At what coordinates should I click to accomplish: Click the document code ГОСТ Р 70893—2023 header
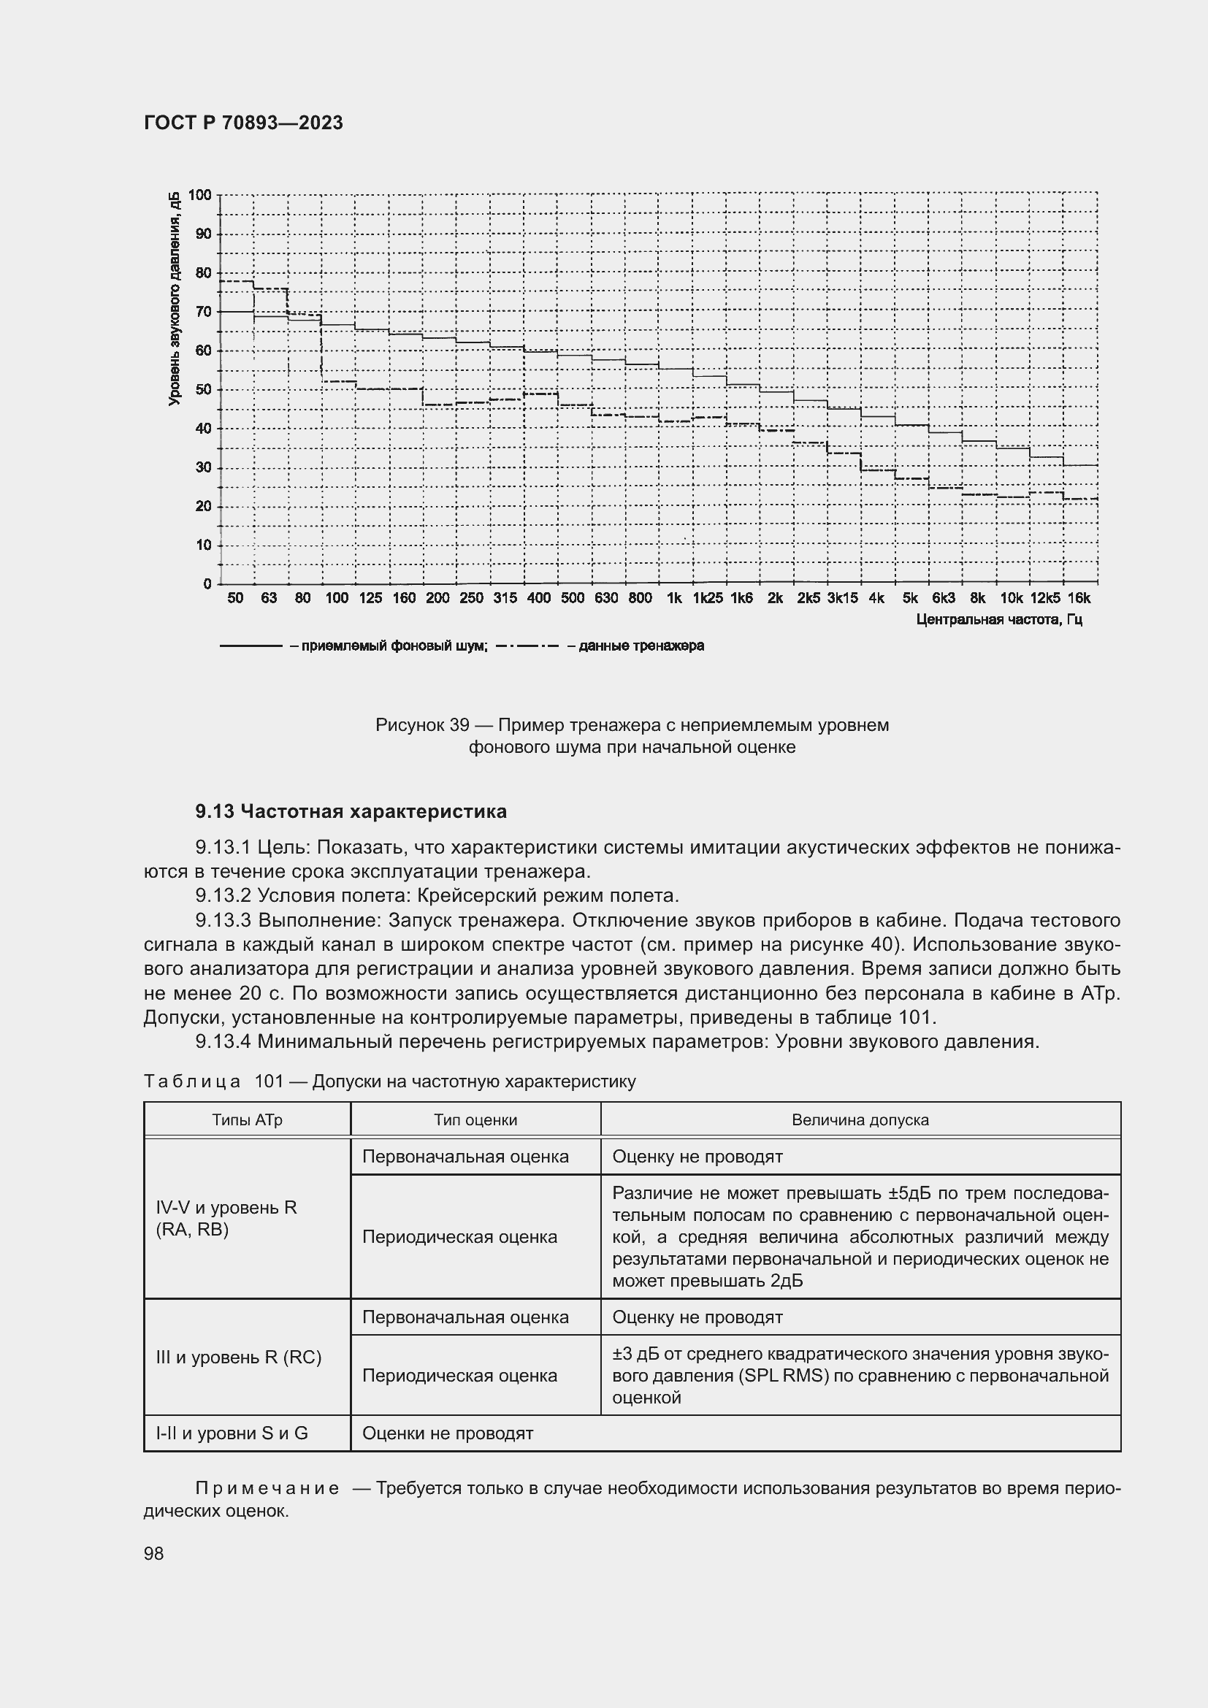[x=243, y=123]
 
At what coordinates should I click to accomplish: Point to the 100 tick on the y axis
[x=200, y=195]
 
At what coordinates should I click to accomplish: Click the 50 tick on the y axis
[x=203, y=390]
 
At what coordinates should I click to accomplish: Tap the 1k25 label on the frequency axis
[x=708, y=598]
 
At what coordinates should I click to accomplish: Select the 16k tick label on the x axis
[x=1079, y=598]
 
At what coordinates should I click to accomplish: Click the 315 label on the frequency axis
[x=505, y=598]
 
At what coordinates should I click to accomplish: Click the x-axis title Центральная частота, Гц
[x=998, y=620]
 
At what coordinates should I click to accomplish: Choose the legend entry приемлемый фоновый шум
[x=388, y=646]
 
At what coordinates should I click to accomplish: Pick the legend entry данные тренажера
[x=635, y=646]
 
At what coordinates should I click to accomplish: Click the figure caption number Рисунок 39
[x=421, y=724]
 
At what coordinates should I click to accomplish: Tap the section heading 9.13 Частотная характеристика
[x=351, y=811]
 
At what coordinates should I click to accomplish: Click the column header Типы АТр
[x=247, y=1119]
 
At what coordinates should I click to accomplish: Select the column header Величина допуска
[x=860, y=1119]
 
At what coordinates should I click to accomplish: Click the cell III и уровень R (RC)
[x=239, y=1357]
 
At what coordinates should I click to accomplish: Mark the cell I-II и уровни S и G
[x=232, y=1433]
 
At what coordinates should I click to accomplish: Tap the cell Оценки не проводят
[x=448, y=1433]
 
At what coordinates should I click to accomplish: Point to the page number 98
[x=154, y=1553]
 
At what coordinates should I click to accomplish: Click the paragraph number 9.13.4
[x=223, y=1041]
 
